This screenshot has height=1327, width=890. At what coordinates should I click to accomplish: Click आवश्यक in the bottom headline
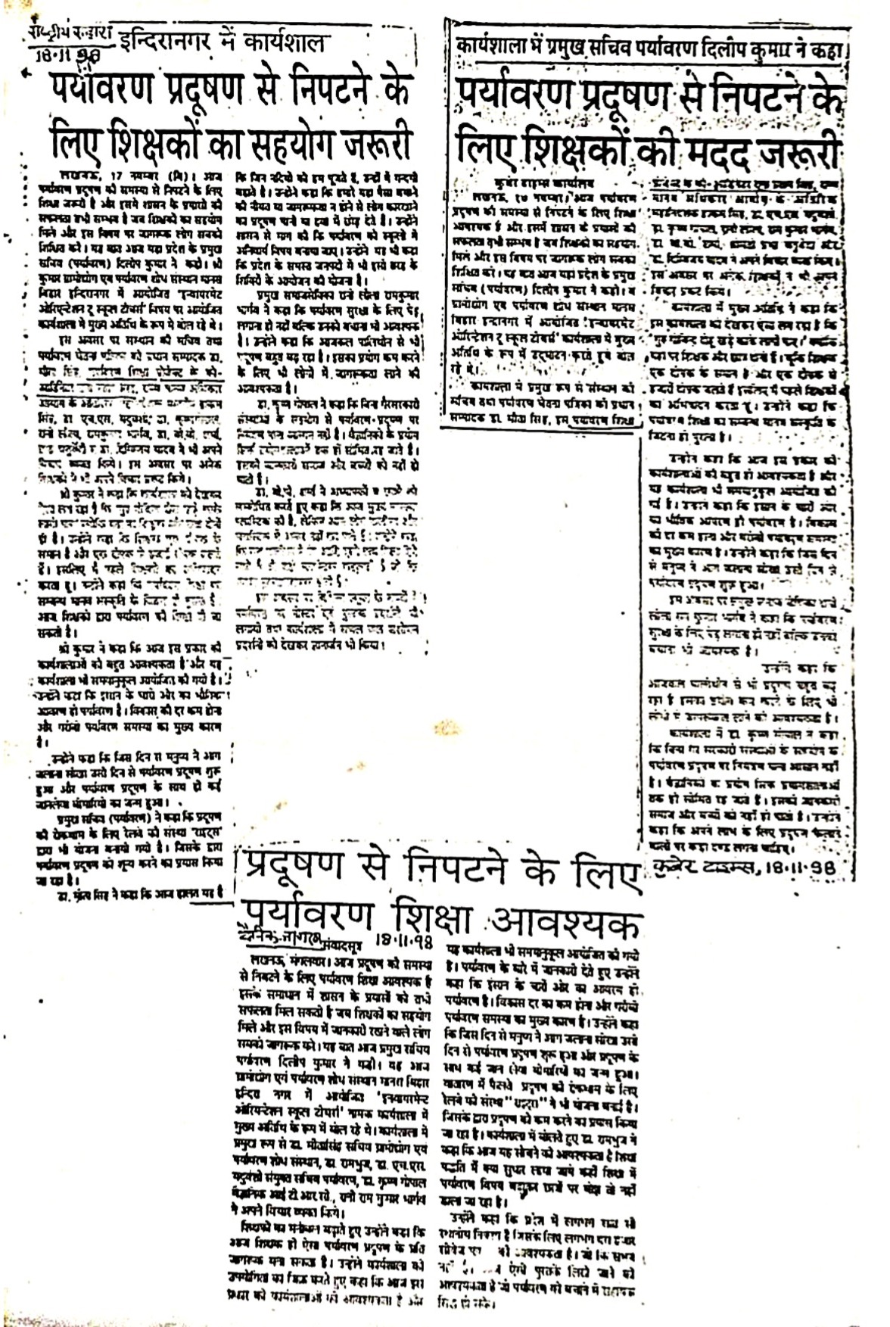(566, 924)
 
